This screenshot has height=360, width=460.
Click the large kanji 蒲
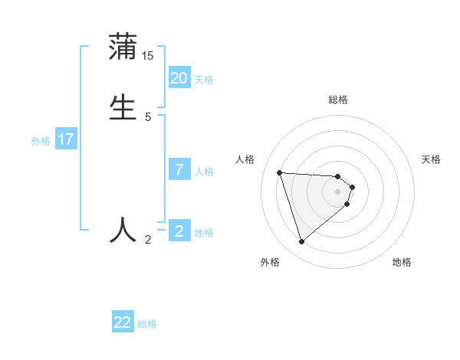coord(123,47)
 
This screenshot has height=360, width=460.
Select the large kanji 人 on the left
coord(123,230)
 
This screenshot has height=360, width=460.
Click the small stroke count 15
coord(148,56)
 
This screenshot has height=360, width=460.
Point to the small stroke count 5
coord(148,117)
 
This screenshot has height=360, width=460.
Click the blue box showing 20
coord(179,78)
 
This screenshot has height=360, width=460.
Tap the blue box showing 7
coord(179,170)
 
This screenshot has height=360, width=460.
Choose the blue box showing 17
coord(66,139)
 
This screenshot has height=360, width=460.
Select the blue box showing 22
coord(123,322)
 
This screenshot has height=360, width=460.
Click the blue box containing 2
coord(179,231)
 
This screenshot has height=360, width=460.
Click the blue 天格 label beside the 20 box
coord(204,80)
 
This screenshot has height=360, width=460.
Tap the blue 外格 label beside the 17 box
coord(41,141)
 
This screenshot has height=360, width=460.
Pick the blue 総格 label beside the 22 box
coord(147,324)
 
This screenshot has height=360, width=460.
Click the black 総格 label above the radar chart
coord(338,100)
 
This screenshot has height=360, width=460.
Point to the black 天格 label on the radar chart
coord(432,159)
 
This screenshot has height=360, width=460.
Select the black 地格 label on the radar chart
coord(402,262)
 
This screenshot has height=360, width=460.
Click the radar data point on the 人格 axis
coord(280,172)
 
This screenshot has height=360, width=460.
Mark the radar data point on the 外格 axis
coord(302,242)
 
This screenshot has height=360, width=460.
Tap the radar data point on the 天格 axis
coord(352,186)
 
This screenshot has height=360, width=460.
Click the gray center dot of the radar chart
coord(338,202)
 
